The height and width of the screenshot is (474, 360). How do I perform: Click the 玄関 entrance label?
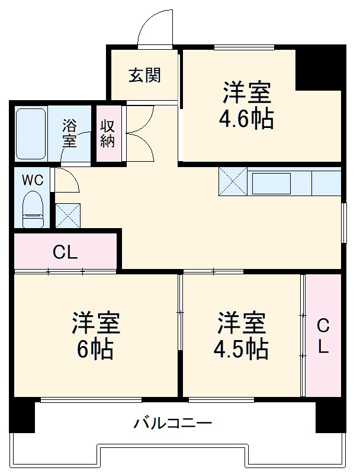tap(144, 76)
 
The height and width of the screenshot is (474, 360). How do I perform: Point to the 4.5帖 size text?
tap(240, 350)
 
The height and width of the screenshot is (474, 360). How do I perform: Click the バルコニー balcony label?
tap(172, 424)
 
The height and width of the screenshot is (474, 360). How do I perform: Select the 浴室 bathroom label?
tap(70, 133)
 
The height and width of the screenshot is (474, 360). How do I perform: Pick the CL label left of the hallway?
tap(65, 253)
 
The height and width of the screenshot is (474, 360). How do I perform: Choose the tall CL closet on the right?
tap(323, 336)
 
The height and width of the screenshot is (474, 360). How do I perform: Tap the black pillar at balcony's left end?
tap(24, 416)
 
